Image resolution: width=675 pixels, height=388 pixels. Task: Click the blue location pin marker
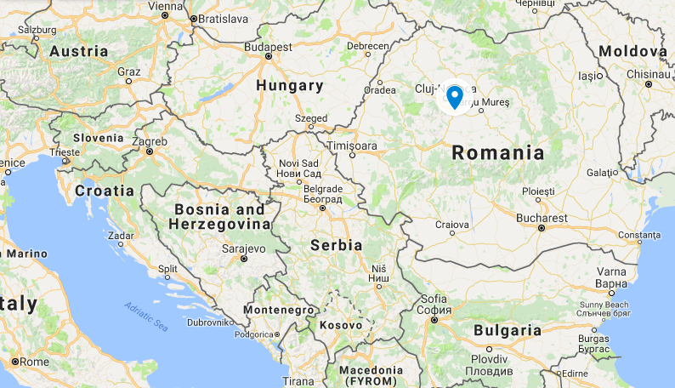click(x=455, y=97)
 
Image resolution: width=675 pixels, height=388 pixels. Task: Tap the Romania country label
click(x=497, y=153)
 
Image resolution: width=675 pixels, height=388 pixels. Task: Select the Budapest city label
click(x=267, y=48)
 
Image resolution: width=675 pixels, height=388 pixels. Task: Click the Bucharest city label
click(x=541, y=218)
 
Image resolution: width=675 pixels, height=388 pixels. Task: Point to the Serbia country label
click(x=337, y=245)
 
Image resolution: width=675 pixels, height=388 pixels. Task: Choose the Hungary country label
click(x=291, y=86)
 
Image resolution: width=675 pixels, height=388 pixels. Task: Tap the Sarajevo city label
click(x=244, y=248)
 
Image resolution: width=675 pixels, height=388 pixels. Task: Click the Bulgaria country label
click(x=507, y=330)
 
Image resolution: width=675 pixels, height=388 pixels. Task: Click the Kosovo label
click(x=342, y=325)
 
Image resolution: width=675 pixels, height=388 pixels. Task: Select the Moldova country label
click(x=632, y=52)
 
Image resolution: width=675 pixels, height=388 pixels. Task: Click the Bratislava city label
click(x=220, y=18)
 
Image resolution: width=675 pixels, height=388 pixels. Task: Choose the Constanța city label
click(x=638, y=234)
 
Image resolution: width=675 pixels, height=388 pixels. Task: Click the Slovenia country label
click(x=99, y=138)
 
